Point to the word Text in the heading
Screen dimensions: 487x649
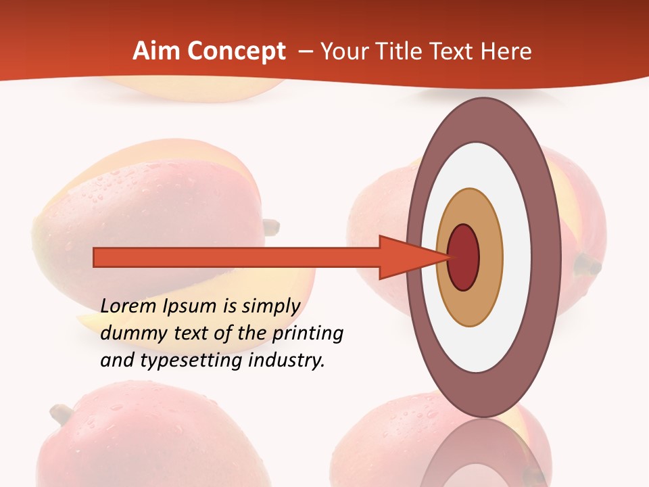(454, 51)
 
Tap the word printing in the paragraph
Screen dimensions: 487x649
(308, 333)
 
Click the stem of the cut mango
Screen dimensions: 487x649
(270, 227)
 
